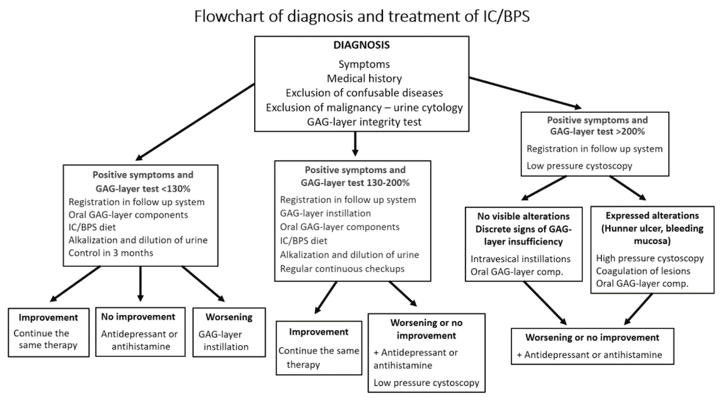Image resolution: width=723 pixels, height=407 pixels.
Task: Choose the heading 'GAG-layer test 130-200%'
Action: [x=352, y=184]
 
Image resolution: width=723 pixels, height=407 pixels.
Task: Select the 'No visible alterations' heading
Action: [x=525, y=217]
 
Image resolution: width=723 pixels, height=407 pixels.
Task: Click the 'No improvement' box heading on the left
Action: [x=142, y=316]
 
